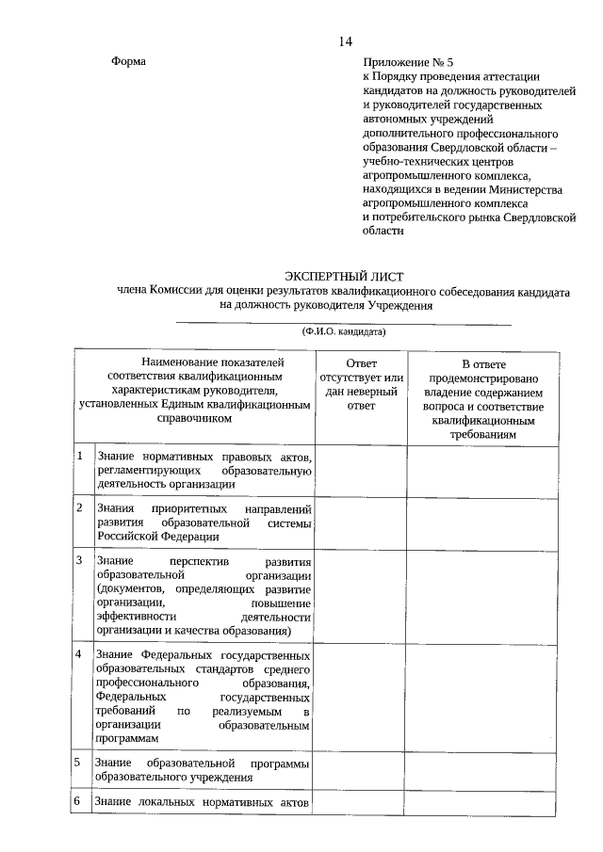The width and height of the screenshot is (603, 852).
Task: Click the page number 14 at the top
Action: (x=345, y=41)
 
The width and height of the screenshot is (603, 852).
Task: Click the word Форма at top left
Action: (x=129, y=61)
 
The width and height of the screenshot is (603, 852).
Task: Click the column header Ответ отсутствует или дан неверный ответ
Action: (x=361, y=384)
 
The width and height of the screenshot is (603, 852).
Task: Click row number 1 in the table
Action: (x=82, y=457)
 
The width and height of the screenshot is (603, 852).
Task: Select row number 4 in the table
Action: (x=82, y=653)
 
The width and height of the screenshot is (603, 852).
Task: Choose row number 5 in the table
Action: (x=82, y=762)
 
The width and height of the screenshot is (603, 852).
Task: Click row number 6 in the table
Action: (x=82, y=801)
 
